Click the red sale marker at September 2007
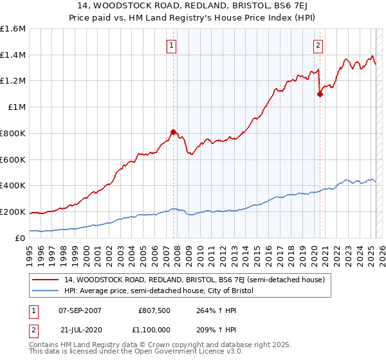click(x=173, y=132)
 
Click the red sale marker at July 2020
click(x=320, y=94)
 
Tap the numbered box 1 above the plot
click(x=172, y=45)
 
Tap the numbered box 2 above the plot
click(x=318, y=45)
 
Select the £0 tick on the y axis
click(x=21, y=238)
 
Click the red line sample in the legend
click(x=47, y=280)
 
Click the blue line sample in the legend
click(x=47, y=291)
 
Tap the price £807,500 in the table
click(x=154, y=310)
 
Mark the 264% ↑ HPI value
click(x=209, y=310)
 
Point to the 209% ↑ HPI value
click(x=209, y=328)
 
